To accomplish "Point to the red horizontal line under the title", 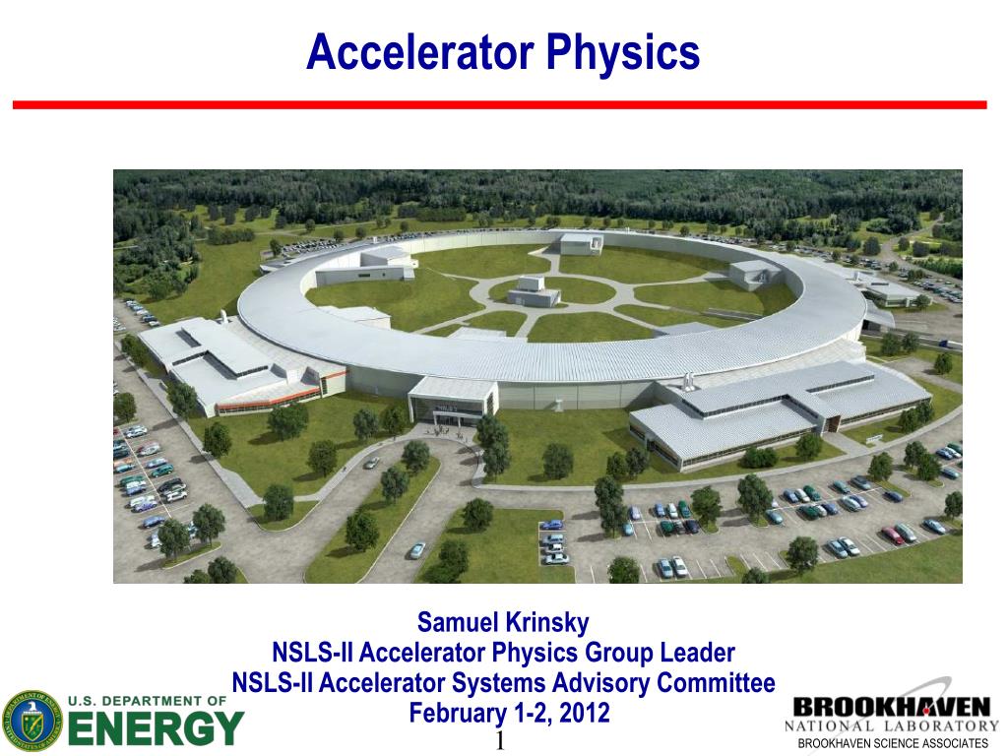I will (499, 104).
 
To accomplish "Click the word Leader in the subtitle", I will (698, 653).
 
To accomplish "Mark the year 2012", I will (585, 713).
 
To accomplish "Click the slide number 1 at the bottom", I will (499, 741).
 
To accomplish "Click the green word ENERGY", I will (155, 728).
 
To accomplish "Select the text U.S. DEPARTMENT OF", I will (148, 701).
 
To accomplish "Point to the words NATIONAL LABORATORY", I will (891, 726).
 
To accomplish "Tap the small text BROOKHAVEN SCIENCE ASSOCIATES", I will (892, 744).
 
